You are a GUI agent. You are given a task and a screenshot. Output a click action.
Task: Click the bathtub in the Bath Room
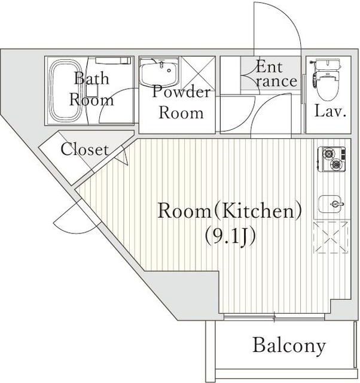click(65, 90)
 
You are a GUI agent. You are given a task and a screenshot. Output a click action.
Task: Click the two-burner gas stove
click(332, 159)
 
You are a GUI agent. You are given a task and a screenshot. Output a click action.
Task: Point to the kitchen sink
click(331, 204)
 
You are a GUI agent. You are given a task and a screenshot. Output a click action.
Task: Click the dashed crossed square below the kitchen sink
click(331, 238)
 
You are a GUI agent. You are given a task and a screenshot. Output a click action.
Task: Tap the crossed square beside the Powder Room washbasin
click(198, 72)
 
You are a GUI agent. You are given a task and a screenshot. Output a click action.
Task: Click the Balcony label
click(289, 346)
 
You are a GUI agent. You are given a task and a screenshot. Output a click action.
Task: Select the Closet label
click(84, 149)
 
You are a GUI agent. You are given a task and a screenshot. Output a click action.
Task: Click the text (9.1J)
click(230, 235)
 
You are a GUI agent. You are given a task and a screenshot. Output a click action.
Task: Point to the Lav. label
click(331, 111)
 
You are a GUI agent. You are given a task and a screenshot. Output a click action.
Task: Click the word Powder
click(181, 92)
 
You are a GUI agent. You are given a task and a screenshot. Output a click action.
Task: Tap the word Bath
click(91, 78)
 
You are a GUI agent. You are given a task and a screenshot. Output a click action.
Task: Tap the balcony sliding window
click(274, 317)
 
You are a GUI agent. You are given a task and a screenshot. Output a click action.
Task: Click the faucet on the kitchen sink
click(337, 204)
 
